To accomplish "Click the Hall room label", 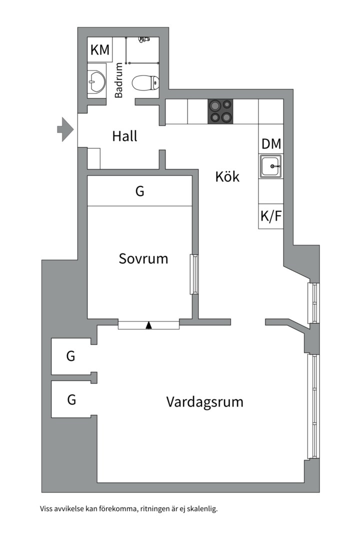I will (x=124, y=136).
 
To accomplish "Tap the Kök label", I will (x=227, y=176).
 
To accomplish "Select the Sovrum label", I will (x=143, y=258).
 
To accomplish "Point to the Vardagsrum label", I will (x=204, y=401).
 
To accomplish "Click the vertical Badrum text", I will (x=119, y=80).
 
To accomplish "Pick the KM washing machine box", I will (x=100, y=50).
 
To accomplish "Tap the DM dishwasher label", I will (x=271, y=144).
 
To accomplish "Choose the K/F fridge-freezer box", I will (x=270, y=216).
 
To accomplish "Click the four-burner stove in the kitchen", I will (x=220, y=111).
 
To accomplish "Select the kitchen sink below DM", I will (x=270, y=165).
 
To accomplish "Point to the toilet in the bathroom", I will (x=145, y=82).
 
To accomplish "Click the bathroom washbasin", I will (x=96, y=78).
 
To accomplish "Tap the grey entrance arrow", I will (x=65, y=129).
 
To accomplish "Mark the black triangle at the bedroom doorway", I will (x=148, y=325).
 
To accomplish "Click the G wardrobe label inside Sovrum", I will (x=140, y=190).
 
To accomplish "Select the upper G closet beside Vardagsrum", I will (x=71, y=356).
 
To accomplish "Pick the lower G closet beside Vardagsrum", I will (x=71, y=399).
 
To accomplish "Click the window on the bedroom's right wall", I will (x=193, y=274).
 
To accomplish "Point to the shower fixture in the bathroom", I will (x=143, y=38).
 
